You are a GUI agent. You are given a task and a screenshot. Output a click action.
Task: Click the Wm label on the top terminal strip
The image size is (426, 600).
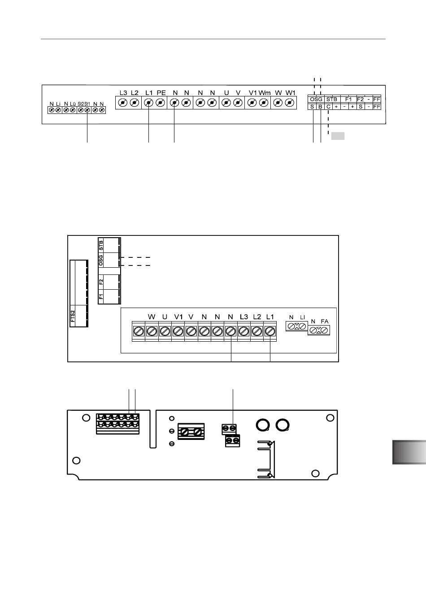point(265,93)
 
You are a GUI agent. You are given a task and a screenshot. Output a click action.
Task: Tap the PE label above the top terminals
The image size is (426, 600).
point(161,93)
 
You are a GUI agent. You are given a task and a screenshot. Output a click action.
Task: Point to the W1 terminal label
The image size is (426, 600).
point(291,93)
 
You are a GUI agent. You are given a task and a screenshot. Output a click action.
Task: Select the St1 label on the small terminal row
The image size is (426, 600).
point(87,104)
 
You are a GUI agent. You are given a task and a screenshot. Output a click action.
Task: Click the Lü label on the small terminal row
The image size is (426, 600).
point(73,104)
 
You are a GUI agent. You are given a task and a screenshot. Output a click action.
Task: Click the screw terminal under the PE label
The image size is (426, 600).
point(160,103)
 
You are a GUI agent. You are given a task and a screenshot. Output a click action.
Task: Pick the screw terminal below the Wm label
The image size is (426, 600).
point(264,103)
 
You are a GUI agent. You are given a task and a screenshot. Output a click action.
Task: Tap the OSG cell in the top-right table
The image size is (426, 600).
point(316,100)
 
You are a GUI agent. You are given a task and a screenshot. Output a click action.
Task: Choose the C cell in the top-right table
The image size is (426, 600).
point(328,107)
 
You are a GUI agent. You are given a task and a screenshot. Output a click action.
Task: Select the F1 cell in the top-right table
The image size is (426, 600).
point(348,100)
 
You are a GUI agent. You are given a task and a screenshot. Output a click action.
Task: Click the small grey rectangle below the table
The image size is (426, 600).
point(338,136)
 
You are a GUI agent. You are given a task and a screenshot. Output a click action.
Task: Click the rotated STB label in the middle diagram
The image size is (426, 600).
point(101,245)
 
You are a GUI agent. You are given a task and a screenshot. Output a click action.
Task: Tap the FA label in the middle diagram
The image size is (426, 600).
point(325,321)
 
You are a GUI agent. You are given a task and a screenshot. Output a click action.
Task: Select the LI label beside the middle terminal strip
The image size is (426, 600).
point(303,317)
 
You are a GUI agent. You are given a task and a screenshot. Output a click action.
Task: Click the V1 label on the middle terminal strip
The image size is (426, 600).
point(178,317)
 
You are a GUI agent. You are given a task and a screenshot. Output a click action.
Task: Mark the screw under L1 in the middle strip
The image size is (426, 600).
point(270,331)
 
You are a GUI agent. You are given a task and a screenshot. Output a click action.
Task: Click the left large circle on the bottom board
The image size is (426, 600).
point(262,425)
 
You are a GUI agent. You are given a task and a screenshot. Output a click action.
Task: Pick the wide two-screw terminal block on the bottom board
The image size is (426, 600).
point(191,431)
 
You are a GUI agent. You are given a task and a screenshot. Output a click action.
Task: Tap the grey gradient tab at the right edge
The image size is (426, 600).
point(409,452)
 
